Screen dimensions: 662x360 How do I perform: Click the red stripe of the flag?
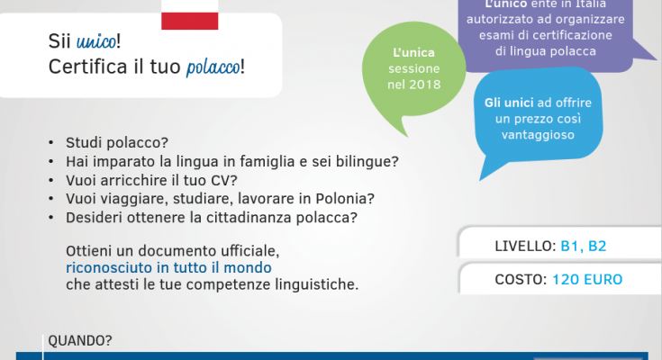pyautogui.click(x=189, y=21)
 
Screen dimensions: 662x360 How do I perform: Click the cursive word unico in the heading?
pyautogui.click(x=96, y=41)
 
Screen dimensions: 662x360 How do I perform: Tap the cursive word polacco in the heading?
pyautogui.click(x=213, y=67)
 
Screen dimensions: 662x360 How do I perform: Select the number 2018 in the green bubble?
pyautogui.click(x=425, y=85)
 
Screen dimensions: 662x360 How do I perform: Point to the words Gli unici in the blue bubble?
pyautogui.click(x=509, y=103)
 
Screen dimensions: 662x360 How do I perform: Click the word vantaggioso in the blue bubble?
pyautogui.click(x=538, y=135)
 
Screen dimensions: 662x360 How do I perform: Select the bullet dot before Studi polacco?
pyautogui.click(x=51, y=142)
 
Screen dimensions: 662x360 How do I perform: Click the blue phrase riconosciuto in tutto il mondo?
pyautogui.click(x=168, y=267)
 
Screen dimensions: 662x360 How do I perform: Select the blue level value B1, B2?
pyautogui.click(x=583, y=246)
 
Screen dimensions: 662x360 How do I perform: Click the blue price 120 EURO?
pyautogui.click(x=587, y=279)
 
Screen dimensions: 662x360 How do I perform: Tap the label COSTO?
pyautogui.click(x=521, y=279)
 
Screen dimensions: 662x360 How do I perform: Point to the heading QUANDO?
pyautogui.click(x=80, y=340)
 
